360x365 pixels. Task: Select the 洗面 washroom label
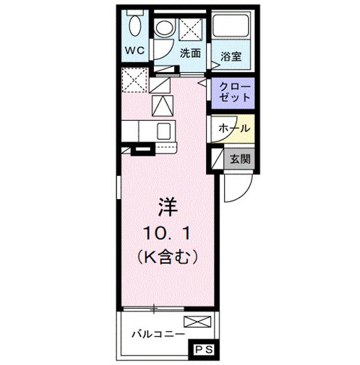tap(191, 52)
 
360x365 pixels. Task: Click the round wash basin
tap(164, 28)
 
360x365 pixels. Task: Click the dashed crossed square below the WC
tap(134, 80)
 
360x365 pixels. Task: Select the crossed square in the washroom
tap(190, 28)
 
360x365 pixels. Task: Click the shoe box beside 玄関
tap(217, 159)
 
